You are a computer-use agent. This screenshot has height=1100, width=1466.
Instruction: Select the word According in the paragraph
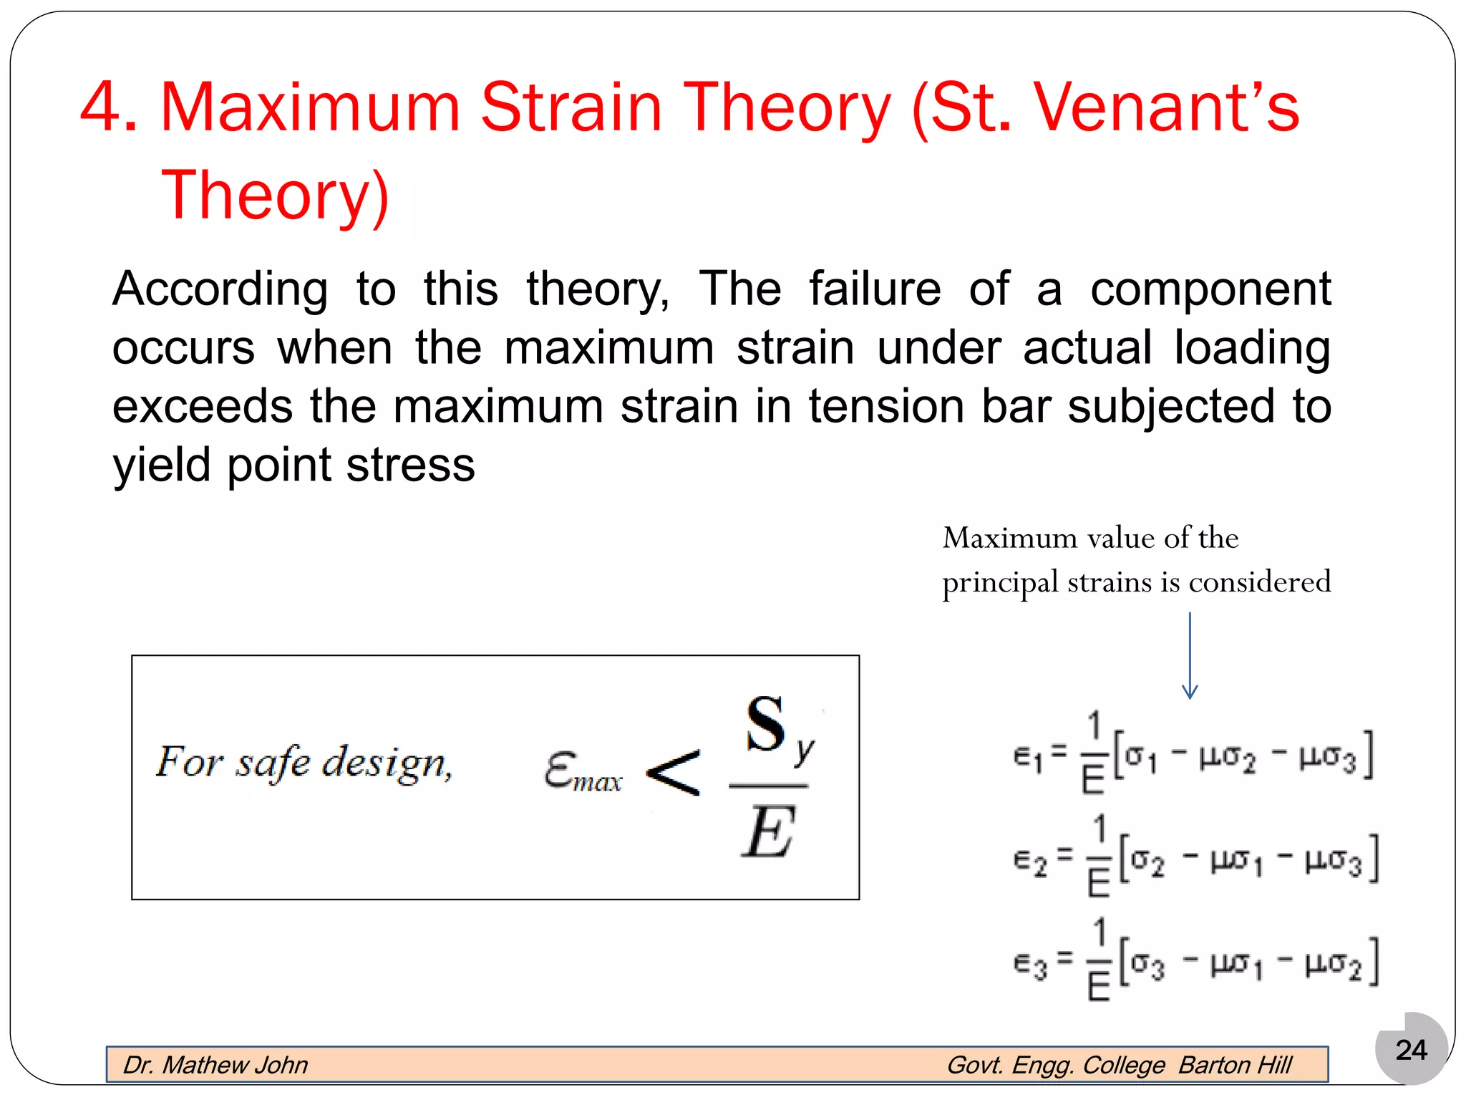point(220,290)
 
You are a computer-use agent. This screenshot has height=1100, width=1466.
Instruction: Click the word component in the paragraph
point(1210,290)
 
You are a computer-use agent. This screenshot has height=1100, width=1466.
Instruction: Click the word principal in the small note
point(999,583)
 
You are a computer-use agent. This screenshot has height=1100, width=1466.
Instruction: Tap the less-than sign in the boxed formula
point(673,773)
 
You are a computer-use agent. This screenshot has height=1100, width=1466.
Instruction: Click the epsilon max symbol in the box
point(581,772)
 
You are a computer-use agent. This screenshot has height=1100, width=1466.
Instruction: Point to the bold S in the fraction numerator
point(765,725)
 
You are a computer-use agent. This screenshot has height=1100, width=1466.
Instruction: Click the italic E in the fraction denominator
point(767,832)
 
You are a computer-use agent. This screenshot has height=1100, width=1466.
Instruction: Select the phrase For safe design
point(304,762)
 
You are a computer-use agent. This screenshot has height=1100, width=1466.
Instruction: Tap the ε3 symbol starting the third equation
point(1030,965)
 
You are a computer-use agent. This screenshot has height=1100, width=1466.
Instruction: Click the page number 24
point(1411,1050)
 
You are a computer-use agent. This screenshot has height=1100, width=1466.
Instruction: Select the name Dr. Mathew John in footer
point(215,1065)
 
